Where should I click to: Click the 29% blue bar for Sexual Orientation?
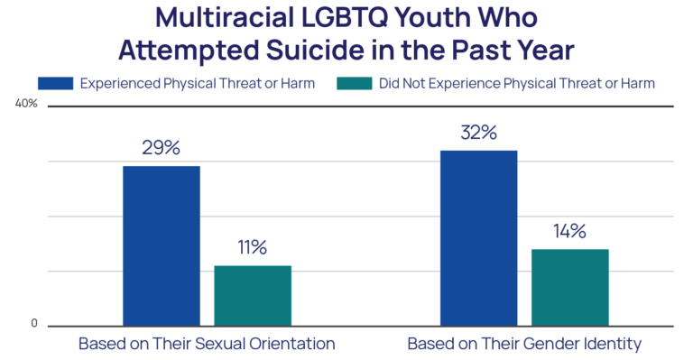[161, 245]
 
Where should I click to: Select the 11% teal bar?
[252, 294]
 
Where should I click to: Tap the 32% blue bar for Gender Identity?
[478, 236]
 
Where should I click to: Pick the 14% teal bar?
[569, 286]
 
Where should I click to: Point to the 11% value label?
[252, 247]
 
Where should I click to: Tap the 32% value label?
[478, 133]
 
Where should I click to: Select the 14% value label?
[569, 231]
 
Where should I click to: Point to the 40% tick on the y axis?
[27, 104]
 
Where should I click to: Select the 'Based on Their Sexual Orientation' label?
[207, 344]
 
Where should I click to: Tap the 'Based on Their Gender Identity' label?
[524, 344]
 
